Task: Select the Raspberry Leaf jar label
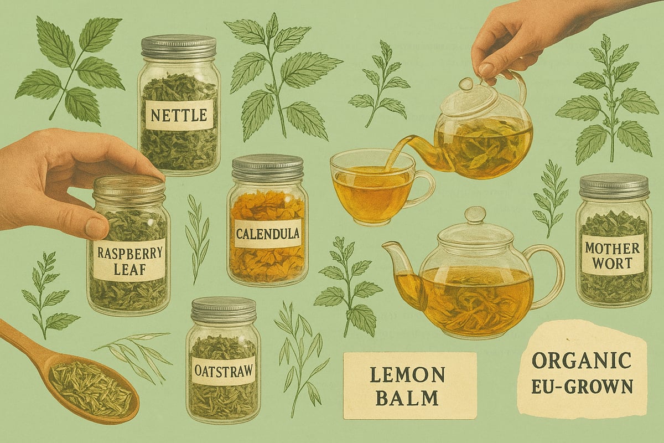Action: point(129,260)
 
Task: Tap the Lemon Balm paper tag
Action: point(409,385)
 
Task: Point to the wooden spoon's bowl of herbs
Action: point(91,388)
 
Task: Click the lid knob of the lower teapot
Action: point(475,214)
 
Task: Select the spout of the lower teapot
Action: point(396,260)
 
